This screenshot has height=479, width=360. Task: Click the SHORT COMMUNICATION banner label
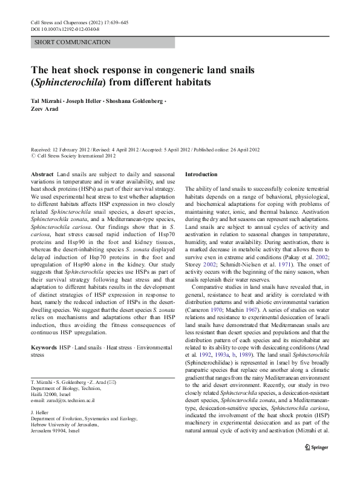coord(73,42)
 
